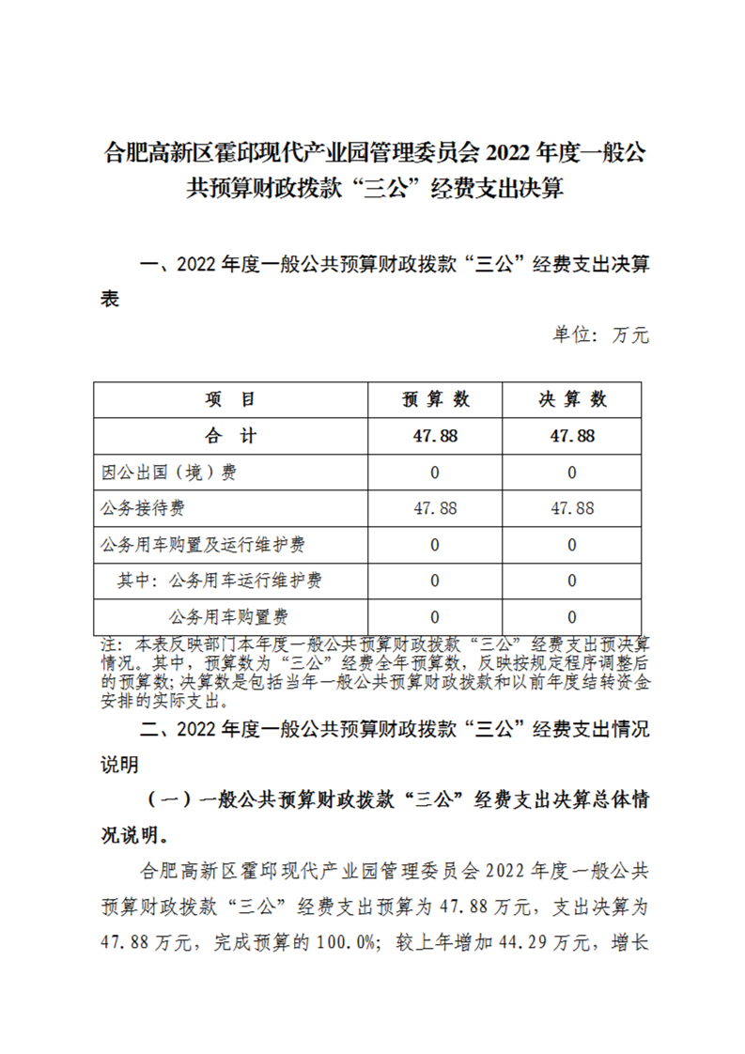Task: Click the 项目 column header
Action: (230, 399)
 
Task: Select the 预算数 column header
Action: (435, 399)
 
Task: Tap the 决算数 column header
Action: (572, 399)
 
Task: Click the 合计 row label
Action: (230, 436)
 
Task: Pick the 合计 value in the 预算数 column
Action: (435, 436)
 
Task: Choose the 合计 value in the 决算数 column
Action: (572, 436)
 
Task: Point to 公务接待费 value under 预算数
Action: (435, 508)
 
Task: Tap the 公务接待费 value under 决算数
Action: (572, 508)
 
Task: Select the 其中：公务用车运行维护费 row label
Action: (220, 581)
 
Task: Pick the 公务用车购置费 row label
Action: (228, 617)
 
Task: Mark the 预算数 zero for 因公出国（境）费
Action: (435, 473)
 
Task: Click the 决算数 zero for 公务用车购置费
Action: (572, 617)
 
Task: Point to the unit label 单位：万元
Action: (599, 335)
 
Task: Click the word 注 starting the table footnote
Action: (109, 645)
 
